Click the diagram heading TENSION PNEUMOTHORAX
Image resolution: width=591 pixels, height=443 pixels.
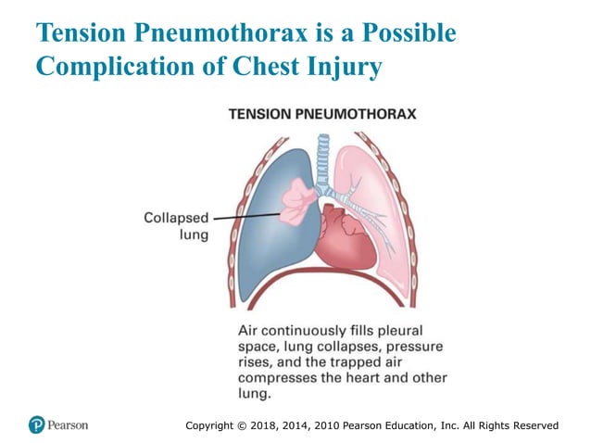coord(321,114)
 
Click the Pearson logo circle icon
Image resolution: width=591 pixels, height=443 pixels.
coord(36,424)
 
